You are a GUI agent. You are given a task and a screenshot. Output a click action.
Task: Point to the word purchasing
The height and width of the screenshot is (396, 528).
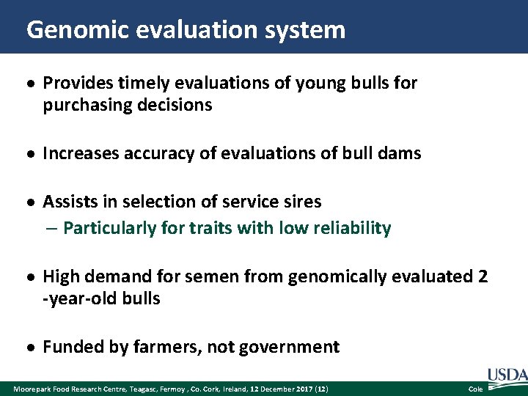[x=86, y=106]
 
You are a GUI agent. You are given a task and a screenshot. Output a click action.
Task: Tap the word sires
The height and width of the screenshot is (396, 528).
[x=302, y=201]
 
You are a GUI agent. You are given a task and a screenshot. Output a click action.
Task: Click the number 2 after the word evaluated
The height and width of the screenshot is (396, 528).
[x=482, y=276]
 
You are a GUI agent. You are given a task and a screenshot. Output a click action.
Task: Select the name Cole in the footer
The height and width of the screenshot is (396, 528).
[x=475, y=388]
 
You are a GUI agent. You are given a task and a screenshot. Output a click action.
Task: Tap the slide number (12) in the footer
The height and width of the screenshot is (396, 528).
[x=322, y=388]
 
